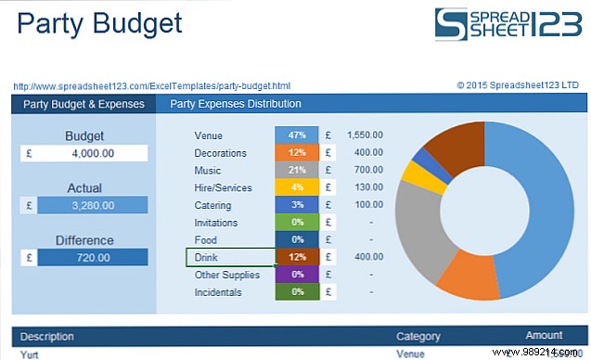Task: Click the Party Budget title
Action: point(100,23)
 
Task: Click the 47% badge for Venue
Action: point(297,135)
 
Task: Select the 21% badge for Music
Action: point(297,171)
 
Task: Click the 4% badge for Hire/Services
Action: point(297,188)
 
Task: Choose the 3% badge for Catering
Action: point(297,205)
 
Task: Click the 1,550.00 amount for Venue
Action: point(365,135)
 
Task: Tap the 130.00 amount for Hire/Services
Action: point(368,188)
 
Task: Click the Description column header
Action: point(47,337)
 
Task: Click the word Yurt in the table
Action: point(30,354)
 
